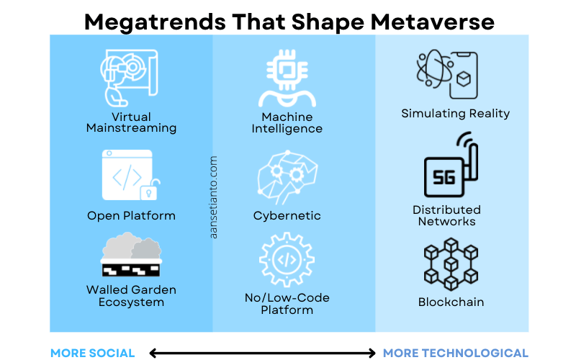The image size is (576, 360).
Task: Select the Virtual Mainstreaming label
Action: coord(131,122)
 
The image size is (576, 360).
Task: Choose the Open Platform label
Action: coord(131,216)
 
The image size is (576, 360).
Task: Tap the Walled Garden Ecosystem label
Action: coord(131,296)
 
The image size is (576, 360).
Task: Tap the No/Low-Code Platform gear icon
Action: coord(287,260)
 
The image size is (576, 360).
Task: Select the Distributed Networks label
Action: coord(446,215)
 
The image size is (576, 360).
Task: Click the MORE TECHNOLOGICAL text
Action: coord(455,353)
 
